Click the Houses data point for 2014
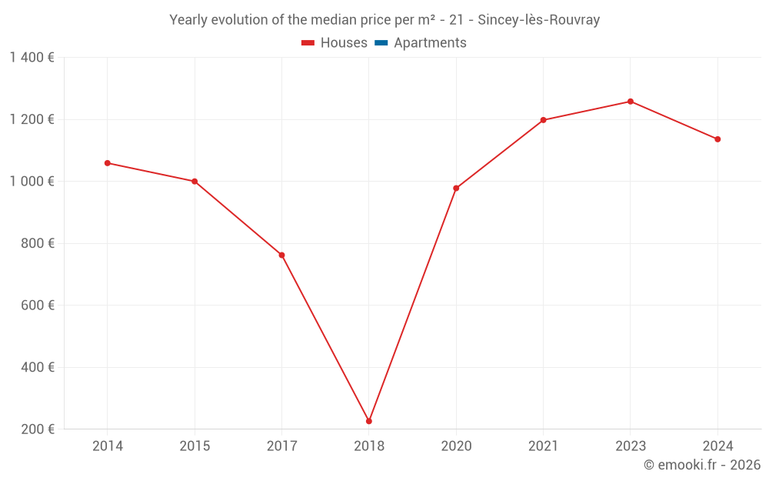pyautogui.click(x=108, y=163)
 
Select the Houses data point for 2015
pyautogui.click(x=195, y=182)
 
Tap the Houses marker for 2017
pyautogui.click(x=281, y=255)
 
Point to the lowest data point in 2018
pyautogui.click(x=369, y=421)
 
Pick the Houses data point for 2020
pyautogui.click(x=456, y=188)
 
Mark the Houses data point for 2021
pyautogui.click(x=543, y=120)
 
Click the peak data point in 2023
pyautogui.click(x=631, y=102)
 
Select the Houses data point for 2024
pyautogui.click(x=717, y=139)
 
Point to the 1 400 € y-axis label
pyautogui.click(x=32, y=58)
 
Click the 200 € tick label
pyautogui.click(x=38, y=429)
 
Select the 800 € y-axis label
pyautogui.click(x=38, y=243)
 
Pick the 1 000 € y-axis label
pyautogui.click(x=32, y=182)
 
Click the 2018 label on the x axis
pyautogui.click(x=369, y=446)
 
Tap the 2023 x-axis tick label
pyautogui.click(x=631, y=446)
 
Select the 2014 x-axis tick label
pyautogui.click(x=108, y=446)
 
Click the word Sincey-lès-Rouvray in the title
pyautogui.click(x=538, y=20)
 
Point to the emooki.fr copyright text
pyautogui.click(x=702, y=465)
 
